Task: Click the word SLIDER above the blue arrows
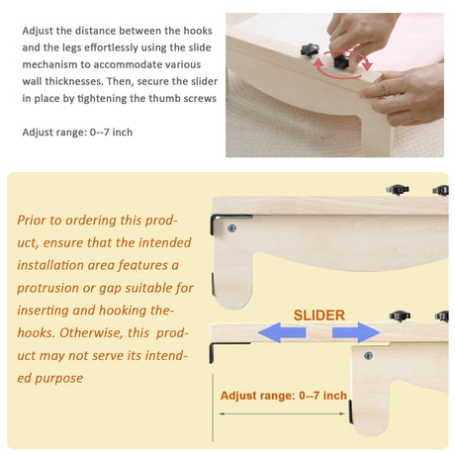319,316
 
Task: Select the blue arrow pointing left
282,332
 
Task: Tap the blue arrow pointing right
356,332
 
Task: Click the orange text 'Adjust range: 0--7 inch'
284,396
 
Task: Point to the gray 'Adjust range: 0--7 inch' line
77,133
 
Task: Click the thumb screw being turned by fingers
340,62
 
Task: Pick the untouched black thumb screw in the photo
310,50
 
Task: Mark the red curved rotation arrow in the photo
343,64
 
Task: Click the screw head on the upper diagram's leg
231,228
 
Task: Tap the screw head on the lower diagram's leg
368,356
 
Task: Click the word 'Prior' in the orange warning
31,221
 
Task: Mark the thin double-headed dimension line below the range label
282,413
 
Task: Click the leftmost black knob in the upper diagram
398,190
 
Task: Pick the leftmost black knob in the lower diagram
400,317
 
